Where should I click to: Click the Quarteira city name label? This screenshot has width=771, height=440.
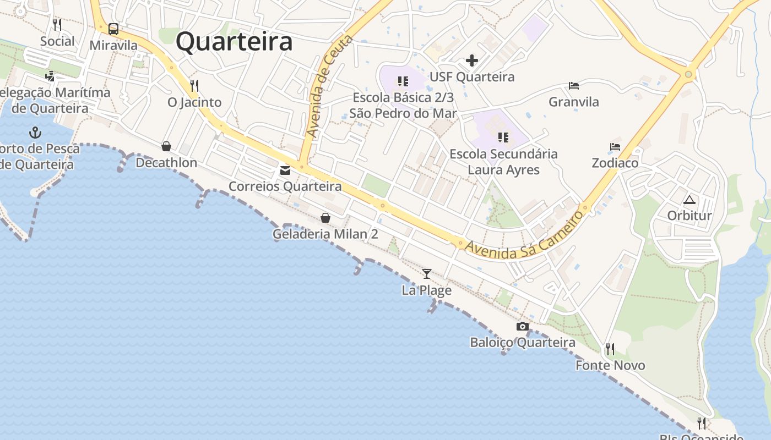(x=234, y=42)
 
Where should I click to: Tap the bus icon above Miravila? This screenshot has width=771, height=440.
(x=113, y=29)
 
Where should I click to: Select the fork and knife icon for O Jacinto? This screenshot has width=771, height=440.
(x=194, y=86)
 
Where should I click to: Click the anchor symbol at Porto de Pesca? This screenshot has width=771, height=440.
(x=35, y=133)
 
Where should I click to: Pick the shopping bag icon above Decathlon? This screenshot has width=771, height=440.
(x=166, y=146)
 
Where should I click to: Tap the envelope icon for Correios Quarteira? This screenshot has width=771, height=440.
(x=285, y=170)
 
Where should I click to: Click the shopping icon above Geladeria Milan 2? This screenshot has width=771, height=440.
(x=325, y=218)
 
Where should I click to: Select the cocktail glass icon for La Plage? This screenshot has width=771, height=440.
(x=427, y=274)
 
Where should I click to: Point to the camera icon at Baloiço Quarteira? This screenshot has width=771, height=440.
(x=523, y=327)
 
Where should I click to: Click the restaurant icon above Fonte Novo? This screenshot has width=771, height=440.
(x=610, y=349)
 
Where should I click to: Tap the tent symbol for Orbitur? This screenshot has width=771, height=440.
(x=689, y=200)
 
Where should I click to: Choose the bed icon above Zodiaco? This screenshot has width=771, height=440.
(x=615, y=147)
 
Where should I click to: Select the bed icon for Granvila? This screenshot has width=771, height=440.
(x=574, y=86)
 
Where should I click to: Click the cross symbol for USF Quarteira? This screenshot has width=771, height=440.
(x=472, y=61)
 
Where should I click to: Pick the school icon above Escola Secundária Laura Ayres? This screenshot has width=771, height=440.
(x=503, y=137)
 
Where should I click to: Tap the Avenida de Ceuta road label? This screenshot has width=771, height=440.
(x=329, y=86)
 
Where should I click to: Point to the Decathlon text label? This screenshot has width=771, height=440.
(x=166, y=163)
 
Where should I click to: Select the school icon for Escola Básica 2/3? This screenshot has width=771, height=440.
(x=403, y=81)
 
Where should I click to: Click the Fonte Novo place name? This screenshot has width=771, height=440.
(x=610, y=365)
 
